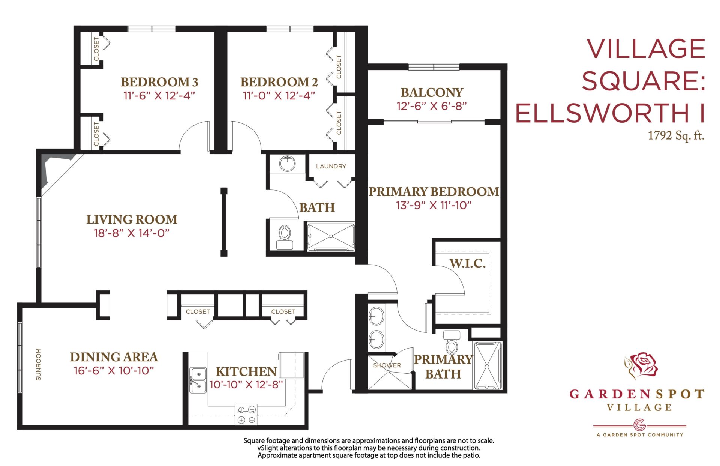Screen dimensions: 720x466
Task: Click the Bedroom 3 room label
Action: pyautogui.click(x=159, y=82)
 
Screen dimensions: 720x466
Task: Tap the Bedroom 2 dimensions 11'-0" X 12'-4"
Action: pyautogui.click(x=279, y=96)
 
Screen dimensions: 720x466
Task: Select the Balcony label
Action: pyautogui.click(x=432, y=92)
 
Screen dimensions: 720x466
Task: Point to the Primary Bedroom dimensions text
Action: pyautogui.click(x=434, y=205)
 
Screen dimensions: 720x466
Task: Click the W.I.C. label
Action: pyautogui.click(x=468, y=263)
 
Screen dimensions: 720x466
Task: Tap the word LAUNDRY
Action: pyautogui.click(x=331, y=166)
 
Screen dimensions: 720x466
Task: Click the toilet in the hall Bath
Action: pyautogui.click(x=285, y=238)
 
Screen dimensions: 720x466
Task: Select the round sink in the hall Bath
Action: pyautogui.click(x=288, y=164)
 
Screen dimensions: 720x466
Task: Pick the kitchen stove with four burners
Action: pyautogui.click(x=246, y=415)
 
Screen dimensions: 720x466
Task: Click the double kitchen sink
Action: pyautogui.click(x=198, y=380)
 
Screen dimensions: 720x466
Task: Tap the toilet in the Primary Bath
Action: pyautogui.click(x=452, y=343)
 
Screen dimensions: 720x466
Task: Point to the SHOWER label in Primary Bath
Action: pyautogui.click(x=387, y=365)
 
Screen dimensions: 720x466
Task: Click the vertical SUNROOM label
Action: pyautogui.click(x=38, y=364)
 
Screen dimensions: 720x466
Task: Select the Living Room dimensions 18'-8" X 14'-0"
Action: pyautogui.click(x=132, y=233)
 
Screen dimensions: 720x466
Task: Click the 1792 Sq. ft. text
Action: pyautogui.click(x=676, y=135)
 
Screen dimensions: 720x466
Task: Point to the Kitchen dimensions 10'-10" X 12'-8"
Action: pyautogui.click(x=246, y=385)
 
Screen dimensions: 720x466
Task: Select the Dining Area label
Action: pyautogui.click(x=114, y=357)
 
